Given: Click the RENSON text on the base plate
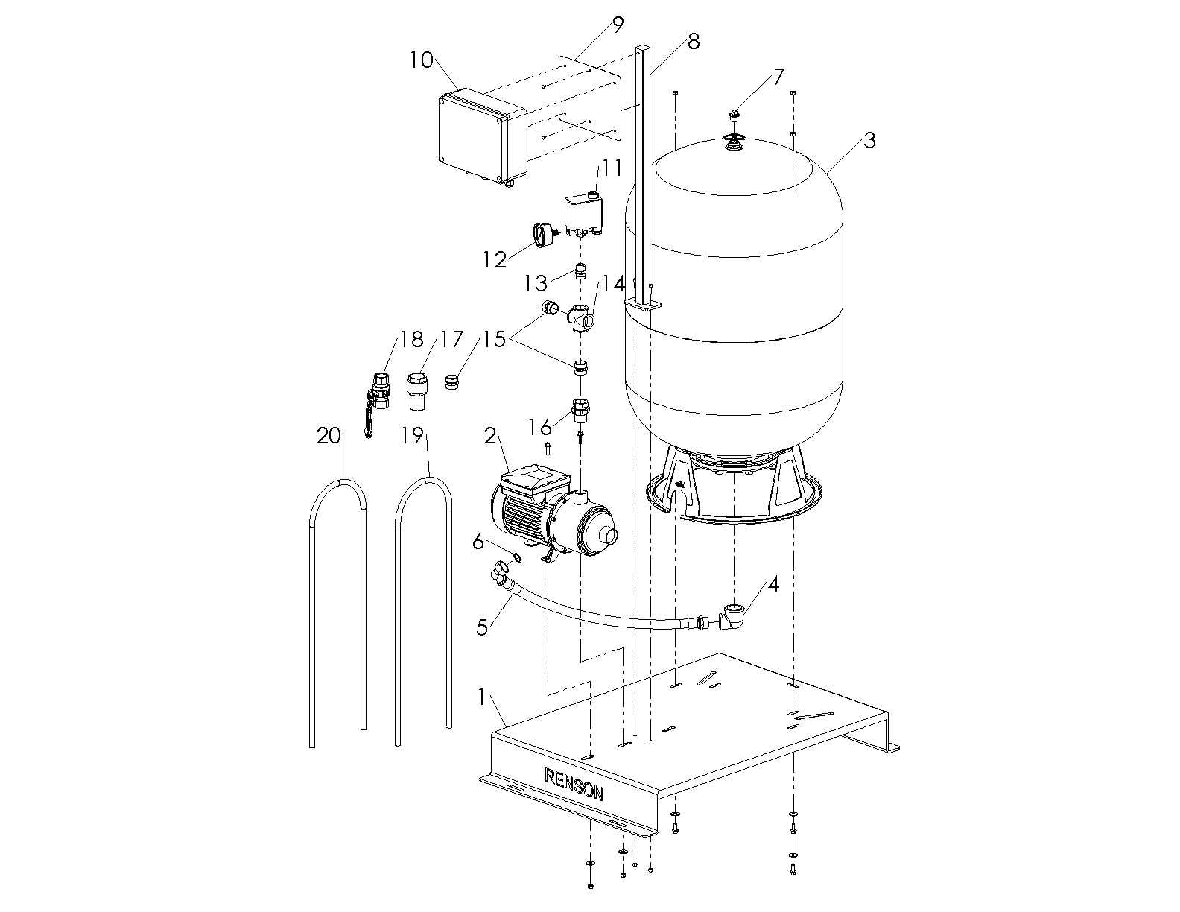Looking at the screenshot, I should [574, 785].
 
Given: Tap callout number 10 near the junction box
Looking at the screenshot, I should [422, 60].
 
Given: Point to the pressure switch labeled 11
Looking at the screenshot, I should [584, 215].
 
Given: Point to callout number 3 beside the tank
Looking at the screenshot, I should [869, 140].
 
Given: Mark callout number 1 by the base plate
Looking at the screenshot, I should [482, 697].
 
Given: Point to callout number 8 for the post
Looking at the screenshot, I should [693, 41].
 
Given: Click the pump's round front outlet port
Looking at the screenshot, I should [609, 535].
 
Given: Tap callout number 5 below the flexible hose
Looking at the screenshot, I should [483, 627].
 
